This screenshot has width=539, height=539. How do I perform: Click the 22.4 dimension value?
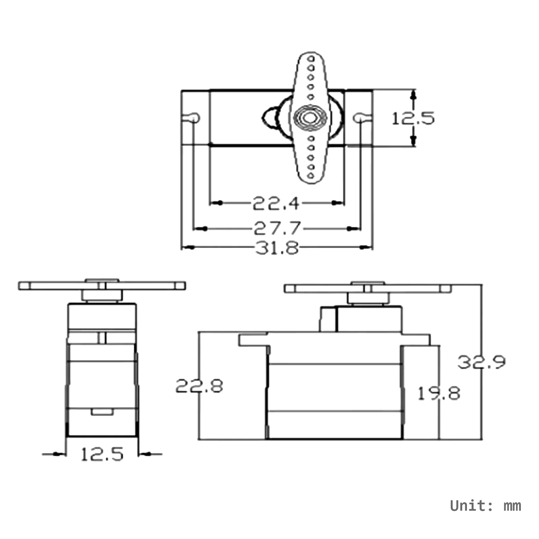coord(276,203)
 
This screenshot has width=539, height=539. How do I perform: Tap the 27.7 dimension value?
coord(277,228)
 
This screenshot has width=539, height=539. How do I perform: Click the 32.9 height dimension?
coord(481,362)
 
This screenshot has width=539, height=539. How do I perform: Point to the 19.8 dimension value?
coord(439,393)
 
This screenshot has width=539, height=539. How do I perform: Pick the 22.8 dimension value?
coord(199,386)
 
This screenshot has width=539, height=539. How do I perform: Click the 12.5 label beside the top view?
coord(413,119)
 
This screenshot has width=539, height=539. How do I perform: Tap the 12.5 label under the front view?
coord(102,454)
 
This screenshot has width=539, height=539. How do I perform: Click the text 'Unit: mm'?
coord(485,506)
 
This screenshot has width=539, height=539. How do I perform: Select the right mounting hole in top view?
coord(359,118)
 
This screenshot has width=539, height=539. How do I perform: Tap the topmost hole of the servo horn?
coord(311,58)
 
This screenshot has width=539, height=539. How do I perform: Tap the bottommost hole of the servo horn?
coord(310,175)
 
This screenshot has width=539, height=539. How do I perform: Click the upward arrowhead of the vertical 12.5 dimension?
coord(414,95)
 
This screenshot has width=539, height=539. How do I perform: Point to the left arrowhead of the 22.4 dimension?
coord(219,203)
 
